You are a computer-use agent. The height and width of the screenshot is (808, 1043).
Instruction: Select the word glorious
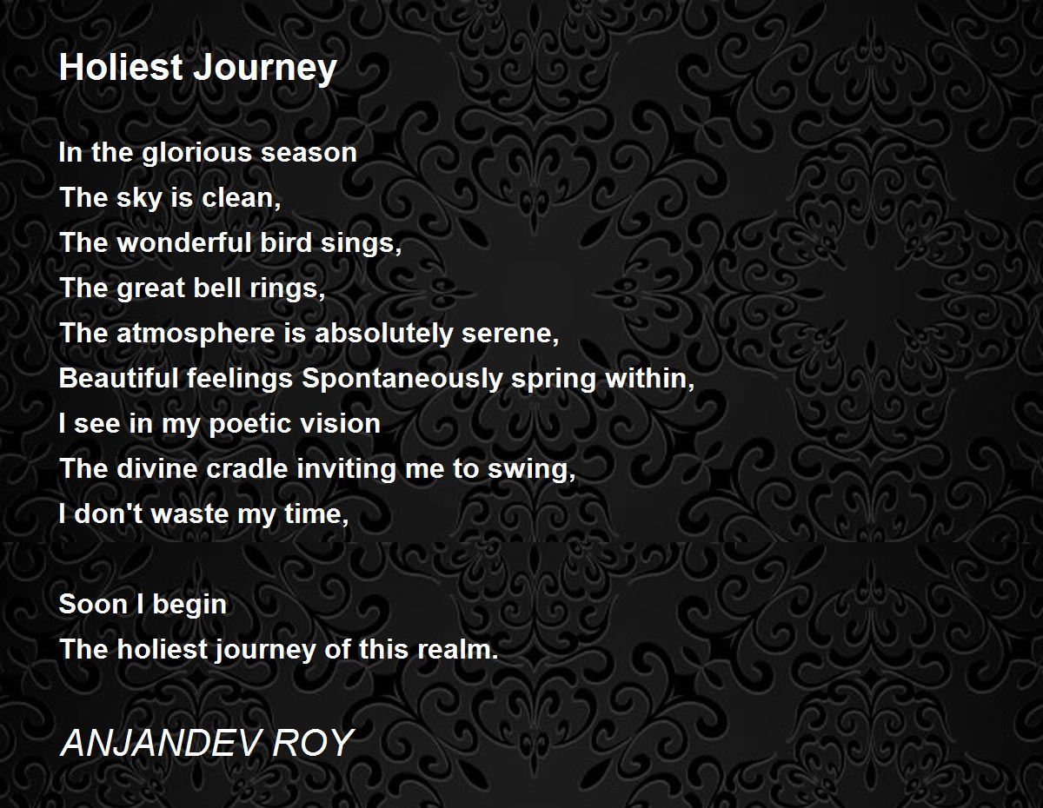pos(196,155)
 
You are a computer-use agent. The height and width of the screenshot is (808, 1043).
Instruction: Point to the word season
pos(309,154)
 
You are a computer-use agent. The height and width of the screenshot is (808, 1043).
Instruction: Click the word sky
pos(139,199)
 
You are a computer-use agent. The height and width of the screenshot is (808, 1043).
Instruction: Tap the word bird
pos(287,242)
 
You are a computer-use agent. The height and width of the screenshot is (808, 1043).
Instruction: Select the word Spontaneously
pos(402,380)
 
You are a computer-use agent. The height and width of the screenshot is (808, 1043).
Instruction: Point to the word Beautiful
pos(118,378)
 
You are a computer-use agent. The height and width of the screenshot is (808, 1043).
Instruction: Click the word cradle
pos(247,468)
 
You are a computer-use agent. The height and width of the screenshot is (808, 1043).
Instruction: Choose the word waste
pos(190,515)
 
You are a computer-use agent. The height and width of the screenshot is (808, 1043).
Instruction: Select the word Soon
pos(94,604)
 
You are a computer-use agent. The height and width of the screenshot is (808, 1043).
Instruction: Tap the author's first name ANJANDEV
pos(157,743)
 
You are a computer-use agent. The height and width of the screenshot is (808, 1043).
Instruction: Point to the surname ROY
pos(315,743)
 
